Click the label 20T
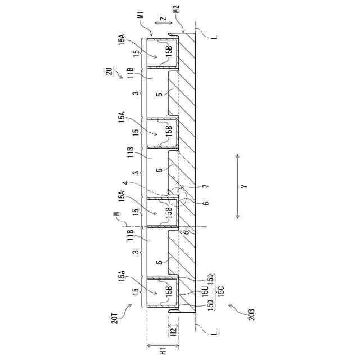[x=115, y=317]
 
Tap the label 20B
[x=251, y=314]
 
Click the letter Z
[x=164, y=19]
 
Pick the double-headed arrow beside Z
[x=163, y=23]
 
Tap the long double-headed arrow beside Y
[x=238, y=186]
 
